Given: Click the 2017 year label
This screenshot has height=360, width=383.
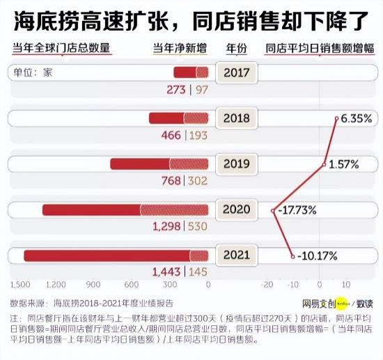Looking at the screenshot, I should click(x=237, y=73).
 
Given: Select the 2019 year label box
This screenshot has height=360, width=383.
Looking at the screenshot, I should click(x=237, y=164).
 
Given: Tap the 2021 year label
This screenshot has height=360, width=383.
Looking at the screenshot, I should click(x=237, y=256).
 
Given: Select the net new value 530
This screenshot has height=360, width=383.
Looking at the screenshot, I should click(x=198, y=226).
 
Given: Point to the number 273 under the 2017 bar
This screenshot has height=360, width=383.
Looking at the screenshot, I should click(x=178, y=89).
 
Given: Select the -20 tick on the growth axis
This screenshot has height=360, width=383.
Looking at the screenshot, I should click(x=266, y=285).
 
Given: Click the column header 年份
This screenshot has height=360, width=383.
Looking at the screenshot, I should click(x=237, y=49).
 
